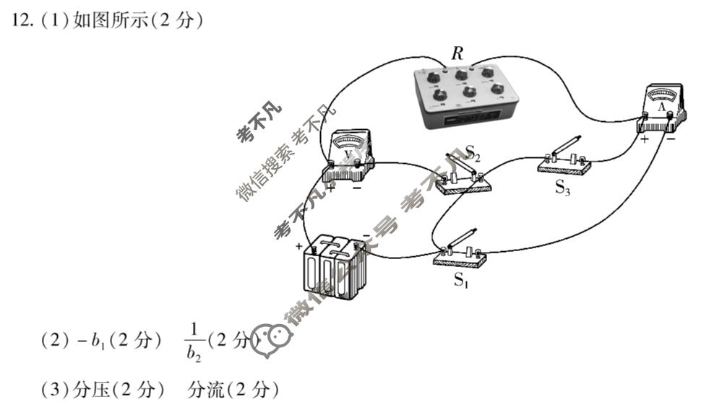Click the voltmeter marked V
click(x=349, y=153)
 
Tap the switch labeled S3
click(x=564, y=159)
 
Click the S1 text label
click(x=461, y=281)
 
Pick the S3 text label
click(x=563, y=188)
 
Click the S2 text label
click(x=473, y=152)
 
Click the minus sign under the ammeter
click(x=671, y=139)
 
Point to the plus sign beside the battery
click(x=298, y=246)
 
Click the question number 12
click(x=20, y=22)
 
